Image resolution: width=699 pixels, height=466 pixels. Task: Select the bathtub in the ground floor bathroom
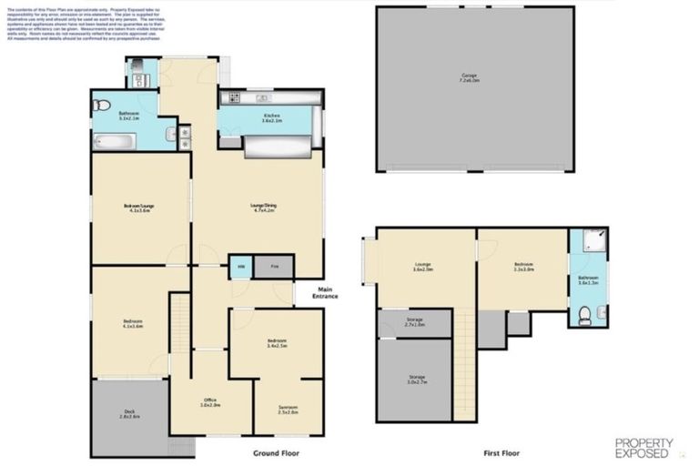click(x=114, y=141)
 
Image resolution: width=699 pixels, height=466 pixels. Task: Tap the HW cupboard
click(x=240, y=267)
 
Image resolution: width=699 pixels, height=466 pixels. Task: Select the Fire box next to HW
click(x=274, y=267)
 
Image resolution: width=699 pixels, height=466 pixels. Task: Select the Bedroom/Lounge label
click(x=139, y=208)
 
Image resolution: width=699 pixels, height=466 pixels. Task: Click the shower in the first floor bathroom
click(x=588, y=241)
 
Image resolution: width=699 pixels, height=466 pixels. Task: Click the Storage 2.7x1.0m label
click(x=415, y=322)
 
